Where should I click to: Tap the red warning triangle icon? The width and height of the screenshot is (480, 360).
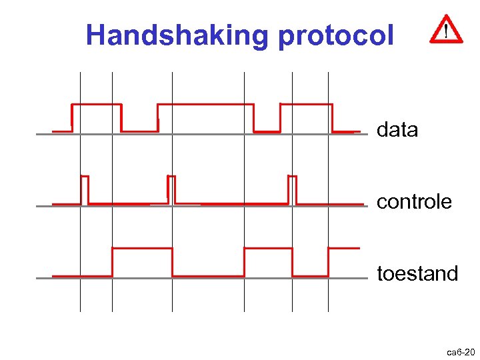[445, 30]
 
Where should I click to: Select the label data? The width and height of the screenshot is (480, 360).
[397, 130]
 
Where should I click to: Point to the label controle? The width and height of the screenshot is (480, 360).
[414, 202]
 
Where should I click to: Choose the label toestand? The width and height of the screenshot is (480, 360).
[417, 274]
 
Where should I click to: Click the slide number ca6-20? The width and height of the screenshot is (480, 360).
[461, 351]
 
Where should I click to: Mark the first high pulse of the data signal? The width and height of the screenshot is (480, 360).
[96, 105]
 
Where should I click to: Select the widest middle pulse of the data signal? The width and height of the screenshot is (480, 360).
[205, 105]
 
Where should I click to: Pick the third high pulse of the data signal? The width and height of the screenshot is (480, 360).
[306, 105]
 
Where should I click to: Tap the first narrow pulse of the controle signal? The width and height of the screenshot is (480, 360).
[85, 177]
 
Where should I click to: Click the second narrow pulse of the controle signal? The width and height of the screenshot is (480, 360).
[171, 177]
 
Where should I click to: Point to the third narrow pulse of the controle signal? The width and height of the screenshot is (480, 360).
[292, 177]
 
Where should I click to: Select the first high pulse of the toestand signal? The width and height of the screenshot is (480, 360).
[142, 249]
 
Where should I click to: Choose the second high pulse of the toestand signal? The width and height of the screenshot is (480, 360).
[268, 249]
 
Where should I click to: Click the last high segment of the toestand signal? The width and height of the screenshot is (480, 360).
[343, 249]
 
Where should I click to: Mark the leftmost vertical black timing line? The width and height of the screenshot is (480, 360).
[80, 293]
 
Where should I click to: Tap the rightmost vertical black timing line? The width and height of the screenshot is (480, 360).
[328, 293]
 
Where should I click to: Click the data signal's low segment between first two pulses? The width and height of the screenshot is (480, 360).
[139, 131]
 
